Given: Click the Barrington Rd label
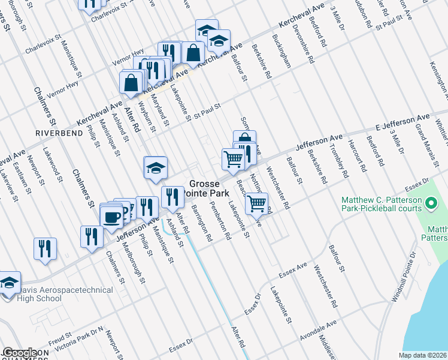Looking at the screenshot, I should pos(202,223).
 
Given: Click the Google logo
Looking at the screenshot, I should pos(20,353).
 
